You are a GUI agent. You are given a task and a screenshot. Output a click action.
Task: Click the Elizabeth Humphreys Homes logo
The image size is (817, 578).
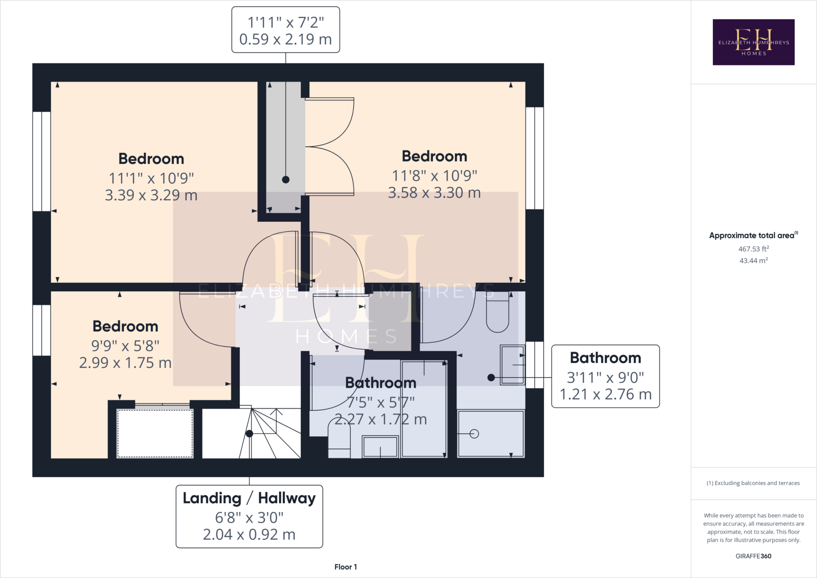pyautogui.click(x=753, y=42)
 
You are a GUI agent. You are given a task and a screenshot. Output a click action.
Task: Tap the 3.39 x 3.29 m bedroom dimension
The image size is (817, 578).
pyautogui.click(x=151, y=195)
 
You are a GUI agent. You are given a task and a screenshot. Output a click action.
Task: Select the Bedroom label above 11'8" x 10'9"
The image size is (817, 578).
pyautogui.click(x=434, y=156)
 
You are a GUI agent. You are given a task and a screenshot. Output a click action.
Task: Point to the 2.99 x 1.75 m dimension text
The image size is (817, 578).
pyautogui.click(x=125, y=363)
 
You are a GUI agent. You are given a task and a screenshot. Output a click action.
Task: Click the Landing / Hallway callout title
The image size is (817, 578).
pyautogui.click(x=249, y=498)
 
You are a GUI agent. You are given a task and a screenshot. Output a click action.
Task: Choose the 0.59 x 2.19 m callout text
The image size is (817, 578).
pyautogui.click(x=286, y=40)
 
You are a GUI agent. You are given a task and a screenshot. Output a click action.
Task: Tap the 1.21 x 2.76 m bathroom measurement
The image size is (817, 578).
pyautogui.click(x=606, y=394)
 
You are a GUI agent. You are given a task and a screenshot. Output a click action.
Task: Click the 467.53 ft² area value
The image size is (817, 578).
pyautogui.click(x=753, y=249)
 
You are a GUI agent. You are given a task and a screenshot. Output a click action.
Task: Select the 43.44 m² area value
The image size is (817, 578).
pyautogui.click(x=753, y=261)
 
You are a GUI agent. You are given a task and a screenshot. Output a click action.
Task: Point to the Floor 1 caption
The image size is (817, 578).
pyautogui.click(x=345, y=567)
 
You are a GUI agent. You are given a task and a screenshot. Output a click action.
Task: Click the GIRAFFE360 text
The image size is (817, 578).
pyautogui.click(x=753, y=556)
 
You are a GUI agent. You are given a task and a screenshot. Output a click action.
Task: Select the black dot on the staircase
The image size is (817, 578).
pyautogui.click(x=249, y=433)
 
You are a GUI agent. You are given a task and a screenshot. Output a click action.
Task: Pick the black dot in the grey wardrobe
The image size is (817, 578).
pyautogui.click(x=286, y=180)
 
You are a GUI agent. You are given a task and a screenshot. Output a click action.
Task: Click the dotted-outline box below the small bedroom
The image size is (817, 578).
pyautogui.click(x=155, y=433)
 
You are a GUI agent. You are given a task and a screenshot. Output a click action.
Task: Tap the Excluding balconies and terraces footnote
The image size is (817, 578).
pyautogui.click(x=753, y=483)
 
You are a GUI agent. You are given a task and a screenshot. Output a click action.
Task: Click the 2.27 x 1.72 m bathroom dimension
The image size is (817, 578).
pyautogui.click(x=381, y=420)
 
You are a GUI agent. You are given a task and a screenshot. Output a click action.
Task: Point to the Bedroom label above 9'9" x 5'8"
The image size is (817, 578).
pyautogui.click(x=125, y=327)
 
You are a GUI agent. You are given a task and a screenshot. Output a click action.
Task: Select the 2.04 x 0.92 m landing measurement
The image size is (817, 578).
pyautogui.click(x=249, y=534)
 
